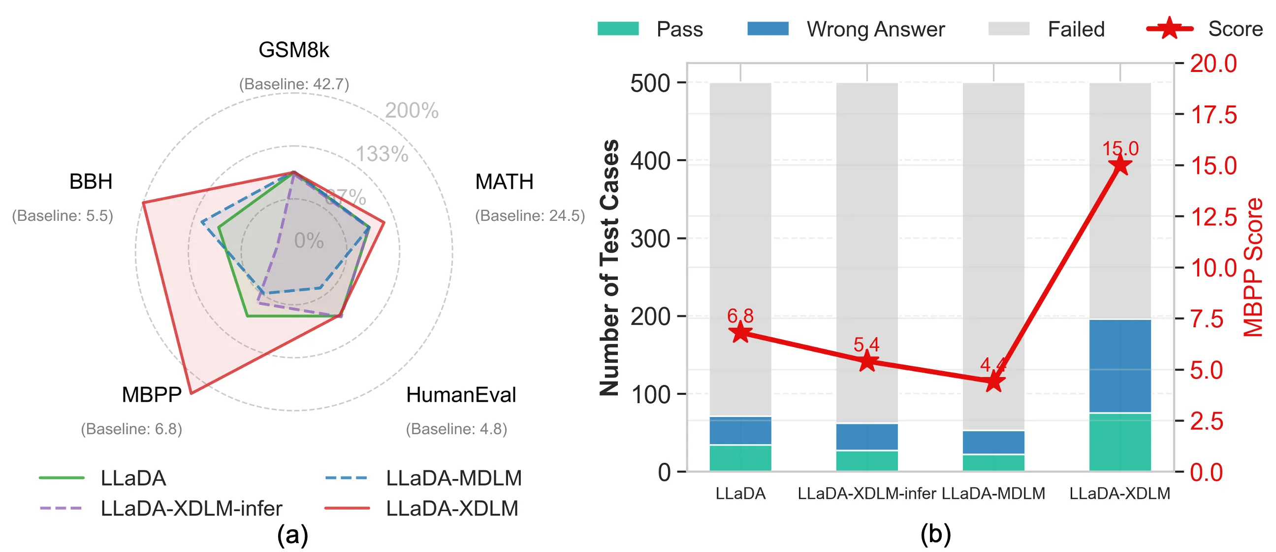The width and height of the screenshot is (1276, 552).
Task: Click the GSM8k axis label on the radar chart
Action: (x=294, y=50)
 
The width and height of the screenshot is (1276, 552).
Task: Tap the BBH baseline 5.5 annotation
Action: (x=63, y=216)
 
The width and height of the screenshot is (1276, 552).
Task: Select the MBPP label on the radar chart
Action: (x=152, y=395)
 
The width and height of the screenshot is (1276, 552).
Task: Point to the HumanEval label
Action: (x=461, y=395)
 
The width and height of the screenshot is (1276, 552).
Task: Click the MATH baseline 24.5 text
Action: (x=530, y=216)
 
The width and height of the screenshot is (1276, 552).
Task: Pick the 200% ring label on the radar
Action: (x=412, y=110)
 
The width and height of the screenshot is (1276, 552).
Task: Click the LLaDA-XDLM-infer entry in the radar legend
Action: (x=191, y=508)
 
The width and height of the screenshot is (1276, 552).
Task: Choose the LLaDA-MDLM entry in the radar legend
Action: (x=453, y=478)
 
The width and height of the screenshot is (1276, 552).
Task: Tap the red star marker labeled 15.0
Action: (x=1120, y=165)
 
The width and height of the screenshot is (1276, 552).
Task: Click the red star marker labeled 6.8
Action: (x=740, y=332)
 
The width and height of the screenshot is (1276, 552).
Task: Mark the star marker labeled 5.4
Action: (x=867, y=362)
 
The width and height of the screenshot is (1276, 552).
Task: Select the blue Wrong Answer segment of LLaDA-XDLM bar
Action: (x=1120, y=366)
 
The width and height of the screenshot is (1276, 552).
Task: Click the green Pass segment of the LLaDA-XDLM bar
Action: (x=1120, y=442)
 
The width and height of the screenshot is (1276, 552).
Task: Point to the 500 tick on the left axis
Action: (x=650, y=83)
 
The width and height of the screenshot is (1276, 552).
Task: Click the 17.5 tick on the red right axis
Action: (x=1213, y=114)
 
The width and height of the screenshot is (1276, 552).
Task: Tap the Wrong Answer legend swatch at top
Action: (x=768, y=29)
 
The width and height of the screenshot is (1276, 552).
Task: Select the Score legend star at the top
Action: (x=1170, y=29)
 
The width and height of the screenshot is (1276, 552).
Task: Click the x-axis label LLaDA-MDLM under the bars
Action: (x=993, y=493)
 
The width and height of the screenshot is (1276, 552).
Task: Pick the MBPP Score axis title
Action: (x=1253, y=268)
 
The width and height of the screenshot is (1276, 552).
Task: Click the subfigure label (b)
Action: (x=935, y=535)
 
